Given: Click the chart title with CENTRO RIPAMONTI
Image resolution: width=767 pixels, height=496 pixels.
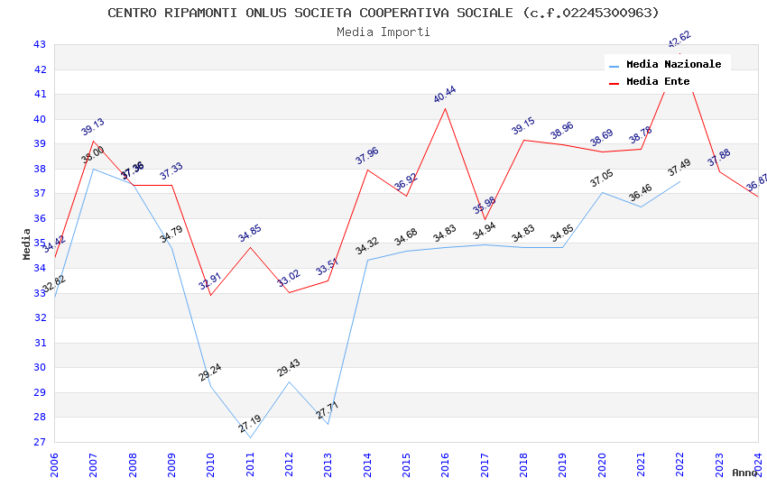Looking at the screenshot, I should point(383,13).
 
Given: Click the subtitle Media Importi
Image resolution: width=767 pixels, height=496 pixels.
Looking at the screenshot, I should point(383,32).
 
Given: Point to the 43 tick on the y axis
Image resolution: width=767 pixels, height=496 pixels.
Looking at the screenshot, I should point(40,44).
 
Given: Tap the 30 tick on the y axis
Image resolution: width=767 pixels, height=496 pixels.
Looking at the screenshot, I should point(40,367).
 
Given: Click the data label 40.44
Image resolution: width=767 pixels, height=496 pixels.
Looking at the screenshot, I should point(445,95).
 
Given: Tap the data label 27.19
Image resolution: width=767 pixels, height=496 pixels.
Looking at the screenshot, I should point(250,424).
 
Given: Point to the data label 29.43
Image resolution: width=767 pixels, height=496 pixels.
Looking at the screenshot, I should point(289,368).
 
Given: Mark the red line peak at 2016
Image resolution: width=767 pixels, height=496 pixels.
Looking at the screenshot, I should point(445,108).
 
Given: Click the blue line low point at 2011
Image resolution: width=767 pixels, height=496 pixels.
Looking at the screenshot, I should point(250,438).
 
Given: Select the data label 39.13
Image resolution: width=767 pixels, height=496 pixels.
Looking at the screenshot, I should point(93,127).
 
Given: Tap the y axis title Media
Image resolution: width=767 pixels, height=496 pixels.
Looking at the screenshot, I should point(27,243).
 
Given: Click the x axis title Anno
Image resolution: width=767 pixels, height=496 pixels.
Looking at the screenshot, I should point(744,473).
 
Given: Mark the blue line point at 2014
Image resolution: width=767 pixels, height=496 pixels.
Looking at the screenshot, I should point(367,260).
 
